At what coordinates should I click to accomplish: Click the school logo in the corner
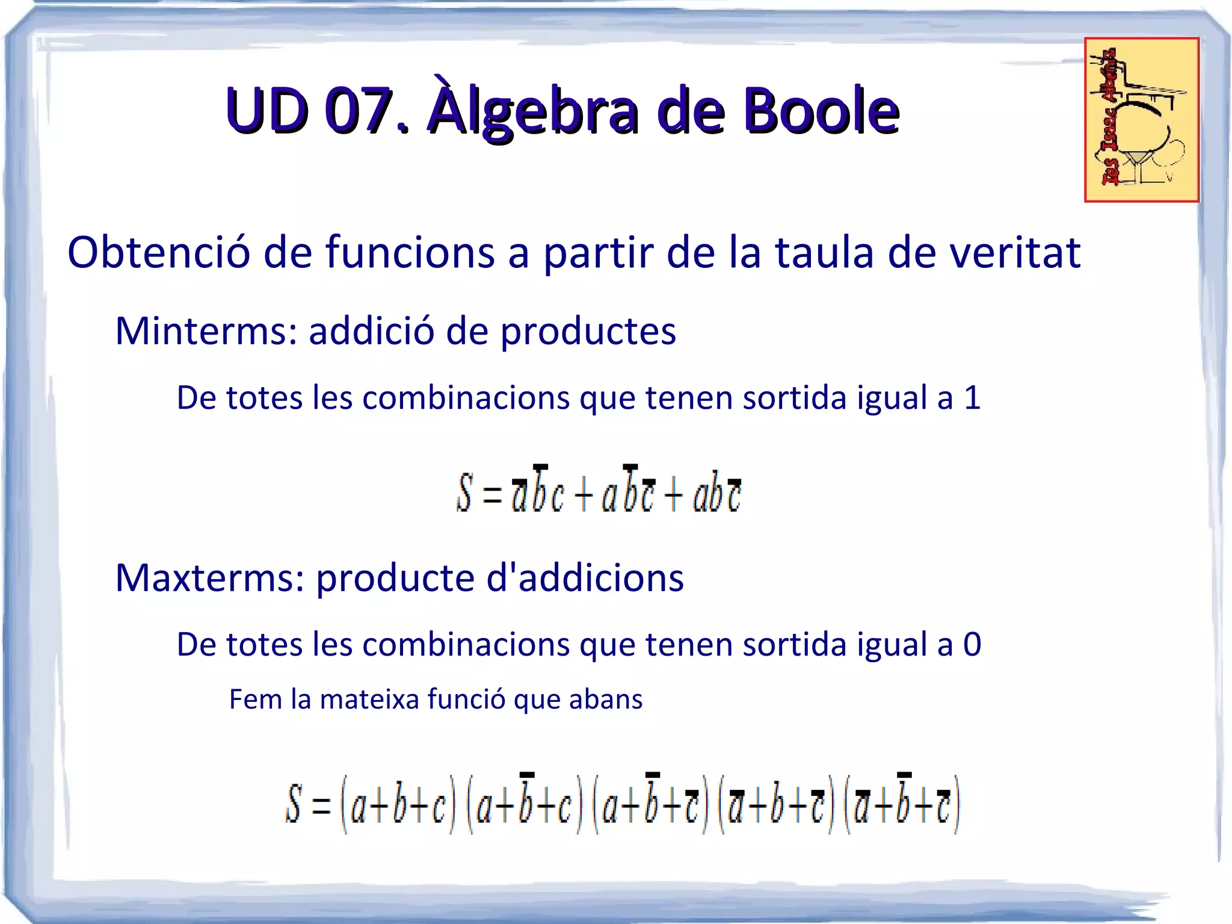1141,120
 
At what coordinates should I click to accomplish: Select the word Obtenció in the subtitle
158,252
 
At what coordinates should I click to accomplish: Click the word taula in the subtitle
824,252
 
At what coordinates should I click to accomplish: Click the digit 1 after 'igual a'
972,397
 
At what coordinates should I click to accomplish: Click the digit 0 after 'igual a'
972,644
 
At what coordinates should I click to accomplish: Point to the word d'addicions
584,577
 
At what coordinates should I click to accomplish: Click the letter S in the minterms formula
464,492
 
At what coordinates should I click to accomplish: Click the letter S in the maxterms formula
293,803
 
